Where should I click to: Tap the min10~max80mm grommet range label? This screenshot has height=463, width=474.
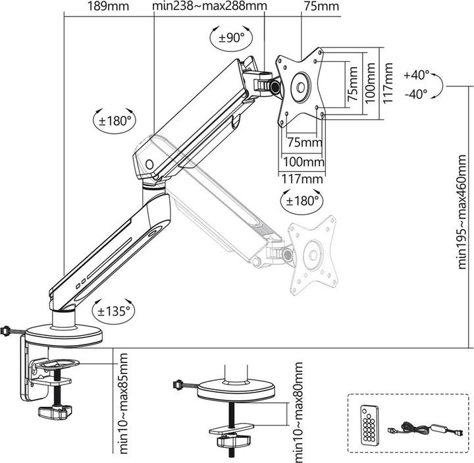click(300, 411)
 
